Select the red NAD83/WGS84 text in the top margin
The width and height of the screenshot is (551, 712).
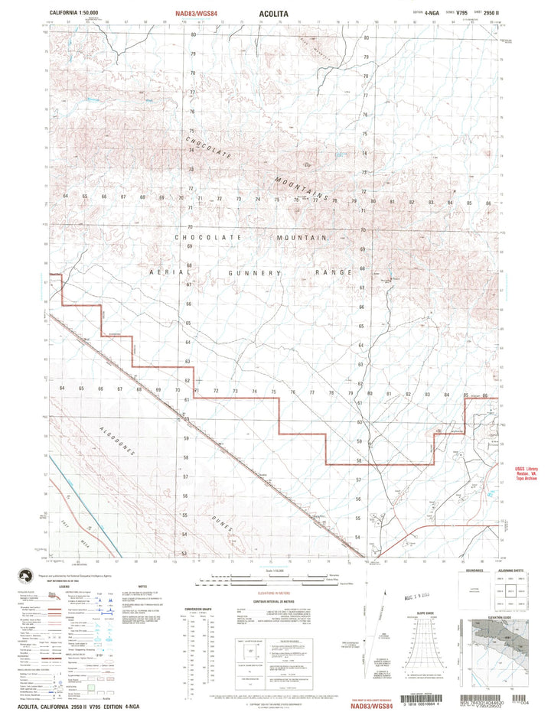tap(207, 13)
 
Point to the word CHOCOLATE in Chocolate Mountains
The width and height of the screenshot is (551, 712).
tap(208, 150)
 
